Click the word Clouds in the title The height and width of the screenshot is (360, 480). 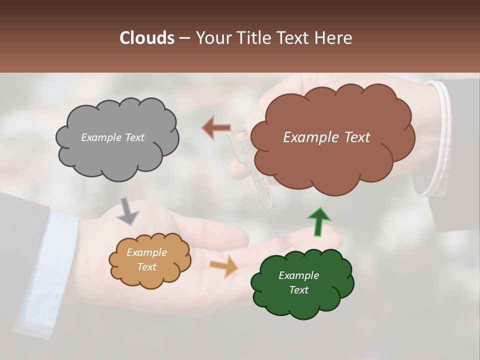[x=147, y=38]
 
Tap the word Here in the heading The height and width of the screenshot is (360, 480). [x=333, y=38]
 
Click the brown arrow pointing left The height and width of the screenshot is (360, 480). [x=216, y=127]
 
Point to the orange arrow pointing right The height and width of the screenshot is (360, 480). [x=224, y=266]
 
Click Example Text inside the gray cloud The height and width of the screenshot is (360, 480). [x=112, y=137]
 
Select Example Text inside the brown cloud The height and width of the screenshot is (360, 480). [x=326, y=137]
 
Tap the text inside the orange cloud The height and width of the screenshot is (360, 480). [x=146, y=260]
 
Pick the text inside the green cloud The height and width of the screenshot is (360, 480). [x=298, y=282]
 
